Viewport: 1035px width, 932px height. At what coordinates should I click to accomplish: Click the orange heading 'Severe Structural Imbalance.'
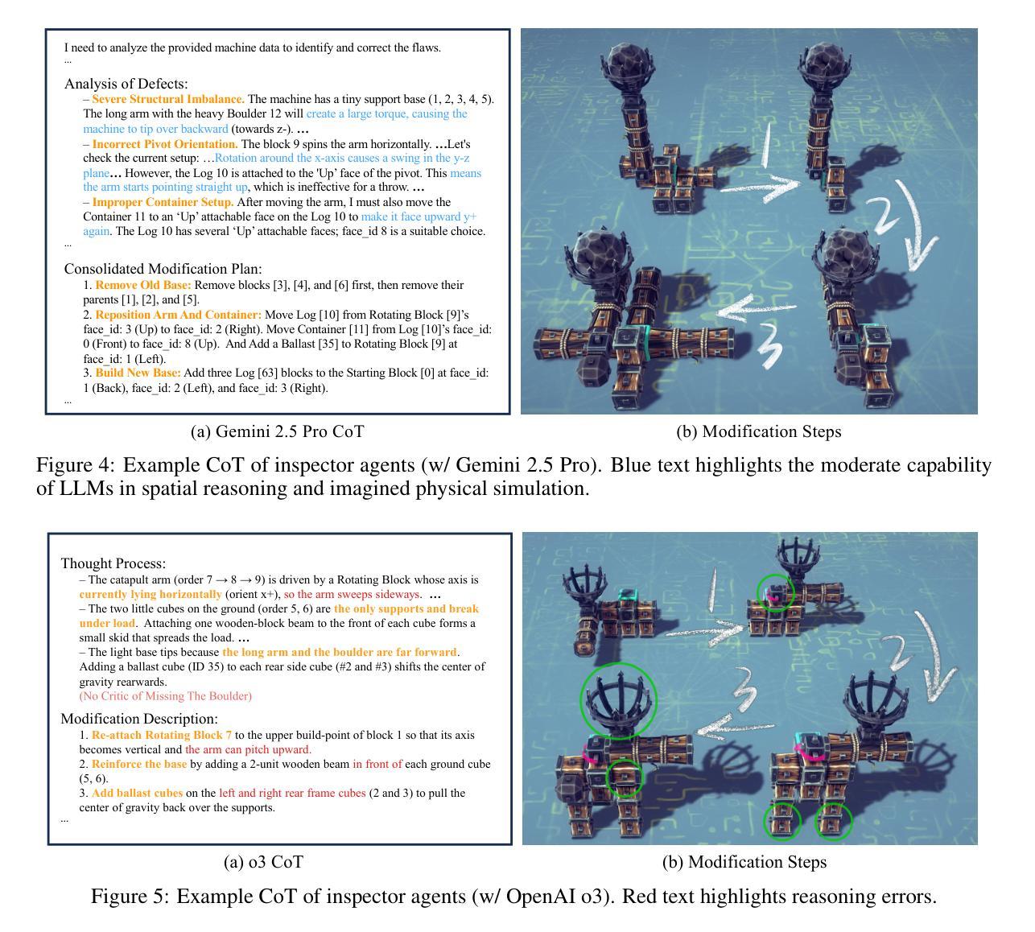pos(168,99)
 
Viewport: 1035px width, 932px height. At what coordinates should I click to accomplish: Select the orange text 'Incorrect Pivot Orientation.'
pos(165,144)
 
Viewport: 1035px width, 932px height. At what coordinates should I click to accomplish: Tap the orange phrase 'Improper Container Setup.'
pos(163,202)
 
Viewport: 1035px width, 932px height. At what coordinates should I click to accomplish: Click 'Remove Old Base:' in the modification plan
pos(143,285)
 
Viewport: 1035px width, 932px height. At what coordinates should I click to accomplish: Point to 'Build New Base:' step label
pos(138,373)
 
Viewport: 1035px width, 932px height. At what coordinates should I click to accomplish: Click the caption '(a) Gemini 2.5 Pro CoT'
pos(277,431)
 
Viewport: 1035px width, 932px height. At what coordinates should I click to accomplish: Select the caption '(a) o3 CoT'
pos(263,862)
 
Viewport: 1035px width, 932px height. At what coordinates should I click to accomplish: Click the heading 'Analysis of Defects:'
pos(126,84)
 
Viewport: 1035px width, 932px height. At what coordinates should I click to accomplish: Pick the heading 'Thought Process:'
pos(113,563)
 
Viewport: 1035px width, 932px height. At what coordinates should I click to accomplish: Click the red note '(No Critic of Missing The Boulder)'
pos(165,696)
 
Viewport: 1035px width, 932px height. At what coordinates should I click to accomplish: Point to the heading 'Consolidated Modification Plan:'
pos(163,269)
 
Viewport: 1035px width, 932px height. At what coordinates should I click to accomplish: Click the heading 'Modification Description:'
pos(139,719)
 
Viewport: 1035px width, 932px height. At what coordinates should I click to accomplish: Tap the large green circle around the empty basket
pos(618,700)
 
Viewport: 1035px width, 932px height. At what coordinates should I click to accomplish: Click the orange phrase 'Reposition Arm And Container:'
pos(178,315)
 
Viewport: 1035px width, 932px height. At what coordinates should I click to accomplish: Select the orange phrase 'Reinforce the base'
pos(139,764)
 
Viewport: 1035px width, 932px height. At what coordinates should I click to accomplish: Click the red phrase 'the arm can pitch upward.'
pos(248,749)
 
